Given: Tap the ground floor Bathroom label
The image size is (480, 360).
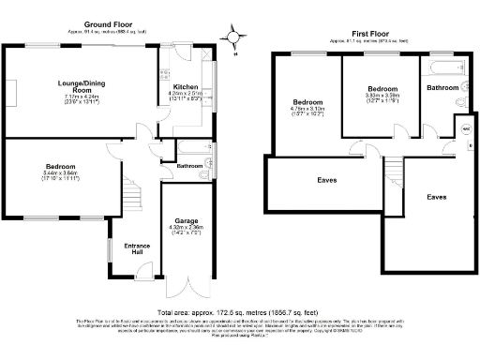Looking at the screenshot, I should pyautogui.click(x=189, y=167).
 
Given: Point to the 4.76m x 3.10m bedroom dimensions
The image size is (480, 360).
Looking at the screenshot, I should pyautogui.click(x=307, y=112).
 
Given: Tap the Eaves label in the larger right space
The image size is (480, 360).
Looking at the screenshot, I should pyautogui.click(x=436, y=197).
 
